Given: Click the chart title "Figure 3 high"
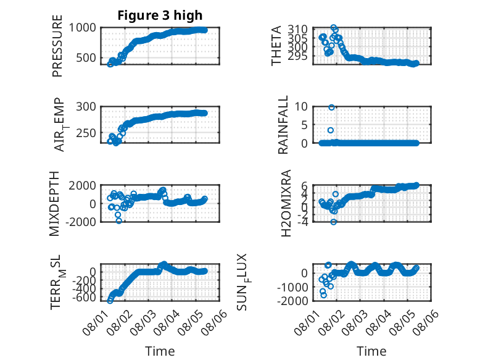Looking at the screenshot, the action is pos(160,15).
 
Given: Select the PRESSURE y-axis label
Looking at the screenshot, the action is pos(57,46).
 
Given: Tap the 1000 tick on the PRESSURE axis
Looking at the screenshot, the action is pos(82,28).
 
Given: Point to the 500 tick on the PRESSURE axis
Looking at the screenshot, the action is pos(86,57).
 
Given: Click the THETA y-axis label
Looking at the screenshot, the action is pos(276,46).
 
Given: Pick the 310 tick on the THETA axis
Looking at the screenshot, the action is pos(297,30).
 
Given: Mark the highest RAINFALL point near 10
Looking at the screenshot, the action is pos(331,107).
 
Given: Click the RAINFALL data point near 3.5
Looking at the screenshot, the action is pos(331,130).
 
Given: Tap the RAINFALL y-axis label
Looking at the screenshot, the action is pos(283,125).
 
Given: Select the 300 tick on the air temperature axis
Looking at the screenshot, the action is pos(86,107).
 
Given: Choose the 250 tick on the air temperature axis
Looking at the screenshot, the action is pos(86,133).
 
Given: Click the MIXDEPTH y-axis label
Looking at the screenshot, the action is pos(54,204).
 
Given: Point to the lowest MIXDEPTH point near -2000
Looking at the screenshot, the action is pos(119,220).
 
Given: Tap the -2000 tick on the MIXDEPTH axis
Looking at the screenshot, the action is pos(80,222).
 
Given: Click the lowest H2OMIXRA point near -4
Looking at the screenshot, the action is pos(333,222).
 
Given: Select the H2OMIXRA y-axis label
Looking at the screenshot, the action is pos(286,203).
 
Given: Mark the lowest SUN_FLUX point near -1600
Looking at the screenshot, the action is pos(323,295).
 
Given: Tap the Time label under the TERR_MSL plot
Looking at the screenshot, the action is pos(160,351).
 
